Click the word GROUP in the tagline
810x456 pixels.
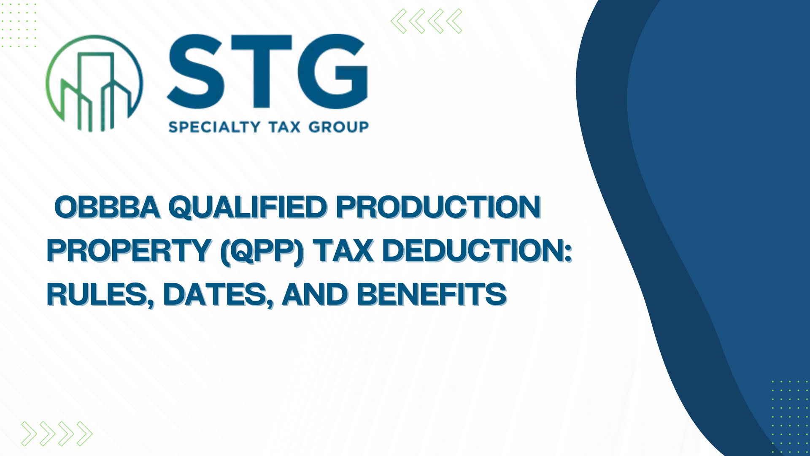339,127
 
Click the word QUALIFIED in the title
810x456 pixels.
248,208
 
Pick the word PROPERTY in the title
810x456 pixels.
129,250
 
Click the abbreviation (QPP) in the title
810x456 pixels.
262,252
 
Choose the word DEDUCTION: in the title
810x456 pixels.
477,250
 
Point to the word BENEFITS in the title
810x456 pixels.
432,294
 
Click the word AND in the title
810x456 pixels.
315,294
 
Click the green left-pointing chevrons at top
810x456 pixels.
427,21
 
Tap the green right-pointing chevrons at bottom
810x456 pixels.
57,434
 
